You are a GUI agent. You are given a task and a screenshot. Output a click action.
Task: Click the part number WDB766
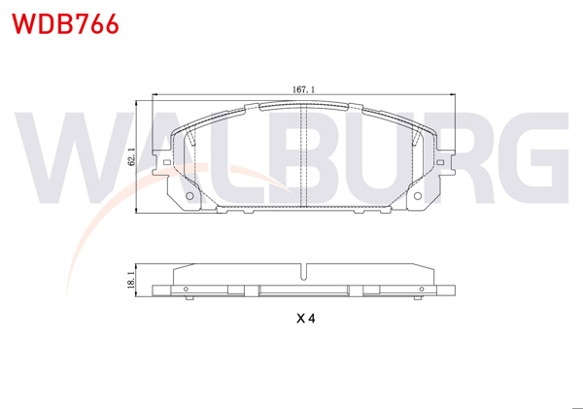click(x=66, y=24)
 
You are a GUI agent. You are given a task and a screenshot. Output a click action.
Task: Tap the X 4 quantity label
click(x=305, y=318)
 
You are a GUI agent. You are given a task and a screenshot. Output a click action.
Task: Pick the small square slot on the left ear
click(x=168, y=160)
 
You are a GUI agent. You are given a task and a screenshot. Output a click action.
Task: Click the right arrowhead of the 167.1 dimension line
click(x=454, y=95)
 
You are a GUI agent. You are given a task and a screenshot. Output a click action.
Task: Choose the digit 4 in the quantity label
click(x=312, y=318)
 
